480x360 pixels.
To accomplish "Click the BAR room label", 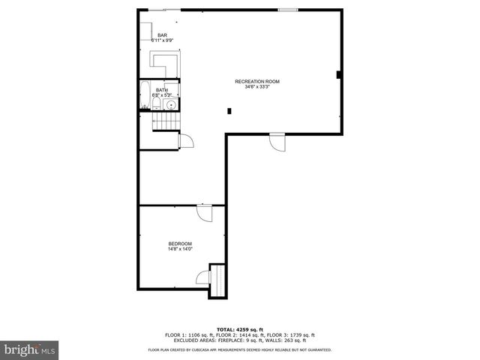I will pyautogui.click(x=162, y=35).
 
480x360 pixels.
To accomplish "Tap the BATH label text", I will pyautogui.click(x=162, y=90).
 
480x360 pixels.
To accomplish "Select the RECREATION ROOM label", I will pyautogui.click(x=251, y=81).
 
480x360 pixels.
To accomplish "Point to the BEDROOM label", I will pyautogui.click(x=180, y=244).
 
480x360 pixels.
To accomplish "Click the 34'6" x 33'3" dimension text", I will pyautogui.click(x=251, y=86).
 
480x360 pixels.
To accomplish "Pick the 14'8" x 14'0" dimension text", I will pyautogui.click(x=180, y=249).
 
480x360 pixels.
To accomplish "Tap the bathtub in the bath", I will pyautogui.click(x=144, y=94).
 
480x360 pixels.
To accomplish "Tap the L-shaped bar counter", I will pyautogui.click(x=164, y=63).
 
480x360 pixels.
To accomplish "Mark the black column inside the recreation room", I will pyautogui.click(x=229, y=111).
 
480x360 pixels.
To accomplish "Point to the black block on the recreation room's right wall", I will pyautogui.click(x=339, y=73).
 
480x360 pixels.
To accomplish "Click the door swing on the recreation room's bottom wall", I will pyautogui.click(x=277, y=142).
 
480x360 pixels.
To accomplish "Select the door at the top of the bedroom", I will pyautogui.click(x=205, y=212).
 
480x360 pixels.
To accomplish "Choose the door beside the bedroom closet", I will pyautogui.click(x=203, y=278).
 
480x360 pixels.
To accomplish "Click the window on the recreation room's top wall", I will pyautogui.click(x=287, y=9).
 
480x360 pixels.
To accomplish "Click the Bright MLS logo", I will pyautogui.click(x=29, y=349).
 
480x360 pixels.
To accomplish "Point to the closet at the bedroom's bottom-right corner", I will pyautogui.click(x=218, y=280).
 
